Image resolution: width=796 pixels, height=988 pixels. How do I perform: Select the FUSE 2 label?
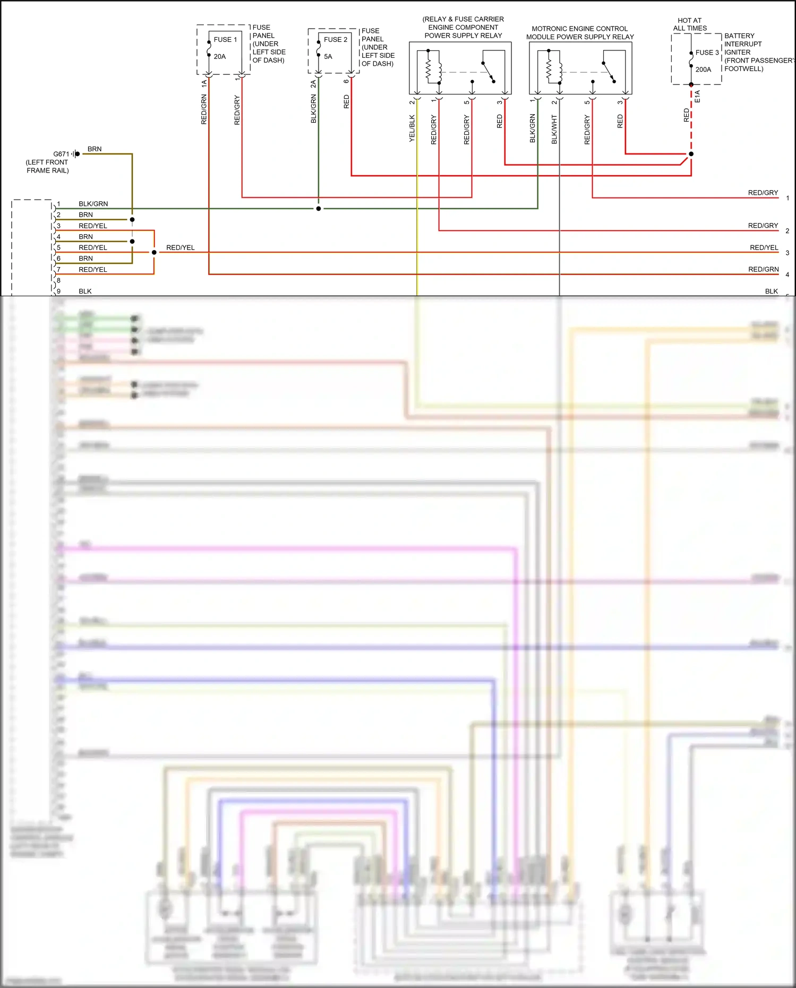pos(335,40)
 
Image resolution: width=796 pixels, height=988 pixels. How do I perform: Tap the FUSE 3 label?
pos(707,53)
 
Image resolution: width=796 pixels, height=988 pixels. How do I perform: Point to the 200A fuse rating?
pos(703,70)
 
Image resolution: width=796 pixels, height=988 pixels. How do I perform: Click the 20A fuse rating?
pos(220,57)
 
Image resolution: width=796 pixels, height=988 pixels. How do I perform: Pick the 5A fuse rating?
pos(328,57)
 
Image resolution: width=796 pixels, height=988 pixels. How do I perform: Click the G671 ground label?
pos(61,154)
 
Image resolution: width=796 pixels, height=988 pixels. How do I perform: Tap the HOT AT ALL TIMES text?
pos(690,24)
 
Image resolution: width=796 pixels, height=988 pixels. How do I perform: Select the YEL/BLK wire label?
pos(412,128)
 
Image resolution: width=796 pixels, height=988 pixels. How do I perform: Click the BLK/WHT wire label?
pos(554,130)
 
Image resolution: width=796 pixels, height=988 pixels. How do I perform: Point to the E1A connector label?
pos(698,97)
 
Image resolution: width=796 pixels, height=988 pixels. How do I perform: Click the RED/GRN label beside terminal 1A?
pos(204,110)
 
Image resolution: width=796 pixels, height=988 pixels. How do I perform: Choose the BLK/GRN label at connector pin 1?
pos(93,204)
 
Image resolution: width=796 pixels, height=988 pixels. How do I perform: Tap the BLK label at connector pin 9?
pos(85,291)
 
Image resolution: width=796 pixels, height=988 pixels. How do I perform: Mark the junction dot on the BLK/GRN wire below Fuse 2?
pos(319,209)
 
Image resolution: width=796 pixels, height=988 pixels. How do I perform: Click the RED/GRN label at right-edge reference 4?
pos(763,270)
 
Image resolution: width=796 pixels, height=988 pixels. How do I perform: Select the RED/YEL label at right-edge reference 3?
pos(764,248)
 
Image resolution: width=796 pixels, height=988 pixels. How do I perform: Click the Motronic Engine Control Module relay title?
pos(580,33)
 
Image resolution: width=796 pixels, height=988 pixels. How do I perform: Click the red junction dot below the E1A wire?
pos(691,154)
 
